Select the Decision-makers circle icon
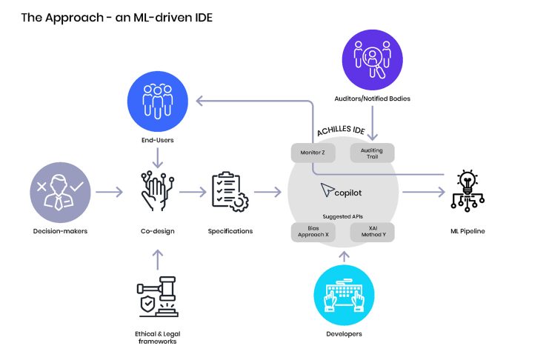pyautogui.click(x=60, y=193)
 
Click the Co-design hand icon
pyautogui.click(x=157, y=192)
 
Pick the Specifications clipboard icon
pyautogui.click(x=230, y=192)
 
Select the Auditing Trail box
pyautogui.click(x=372, y=153)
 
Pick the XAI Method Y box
pyautogui.click(x=373, y=232)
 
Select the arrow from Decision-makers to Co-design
pyautogui.click(x=110, y=193)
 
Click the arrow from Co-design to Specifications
pyautogui.click(x=193, y=193)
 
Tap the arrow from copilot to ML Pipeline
pyautogui.click(x=422, y=193)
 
